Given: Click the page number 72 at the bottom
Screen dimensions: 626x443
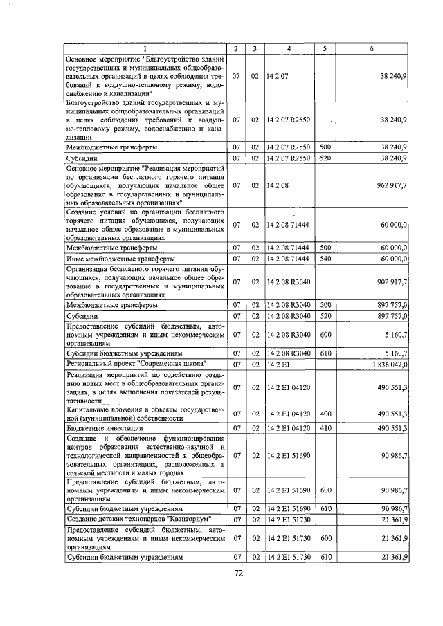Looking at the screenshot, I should point(239,573).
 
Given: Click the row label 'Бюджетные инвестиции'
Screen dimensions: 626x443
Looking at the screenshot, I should point(96,429).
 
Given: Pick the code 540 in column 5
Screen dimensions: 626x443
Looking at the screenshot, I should point(325,258).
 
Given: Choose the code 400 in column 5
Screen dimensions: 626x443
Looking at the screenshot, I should point(325,413).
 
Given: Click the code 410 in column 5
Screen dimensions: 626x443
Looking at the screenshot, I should point(325,429).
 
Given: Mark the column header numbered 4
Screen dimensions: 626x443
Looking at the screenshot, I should point(289,48).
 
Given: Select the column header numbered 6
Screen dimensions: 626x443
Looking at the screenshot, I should point(372,48).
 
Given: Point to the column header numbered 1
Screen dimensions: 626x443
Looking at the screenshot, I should point(146,48).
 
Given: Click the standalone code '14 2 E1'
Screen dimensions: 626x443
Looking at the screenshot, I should point(278,364).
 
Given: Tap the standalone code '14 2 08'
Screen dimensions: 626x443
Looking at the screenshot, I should point(278,185).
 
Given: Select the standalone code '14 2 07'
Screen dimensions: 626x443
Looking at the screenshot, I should point(278,75).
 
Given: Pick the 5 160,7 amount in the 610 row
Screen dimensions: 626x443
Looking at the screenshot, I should point(392,352).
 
